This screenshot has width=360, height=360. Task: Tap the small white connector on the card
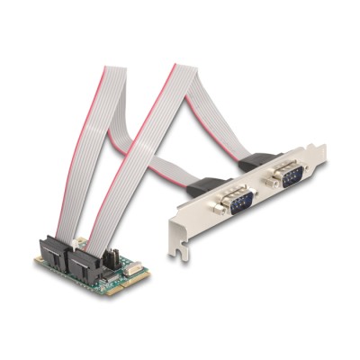click(x=132, y=270)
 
